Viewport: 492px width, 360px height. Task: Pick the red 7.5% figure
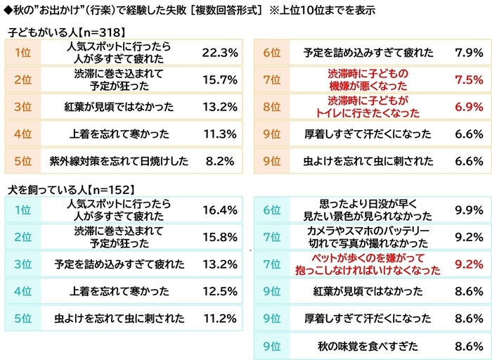pyautogui.click(x=467, y=79)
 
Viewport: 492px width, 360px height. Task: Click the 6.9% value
pyautogui.click(x=467, y=107)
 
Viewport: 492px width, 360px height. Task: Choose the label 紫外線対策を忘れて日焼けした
pyautogui.click(x=118, y=161)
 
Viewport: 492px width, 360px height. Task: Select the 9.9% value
pyautogui.click(x=467, y=210)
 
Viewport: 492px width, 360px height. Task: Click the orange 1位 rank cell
pyautogui.click(x=22, y=53)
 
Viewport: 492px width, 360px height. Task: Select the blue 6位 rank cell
pyautogui.click(x=271, y=210)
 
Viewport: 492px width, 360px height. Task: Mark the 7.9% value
pyautogui.click(x=467, y=53)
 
